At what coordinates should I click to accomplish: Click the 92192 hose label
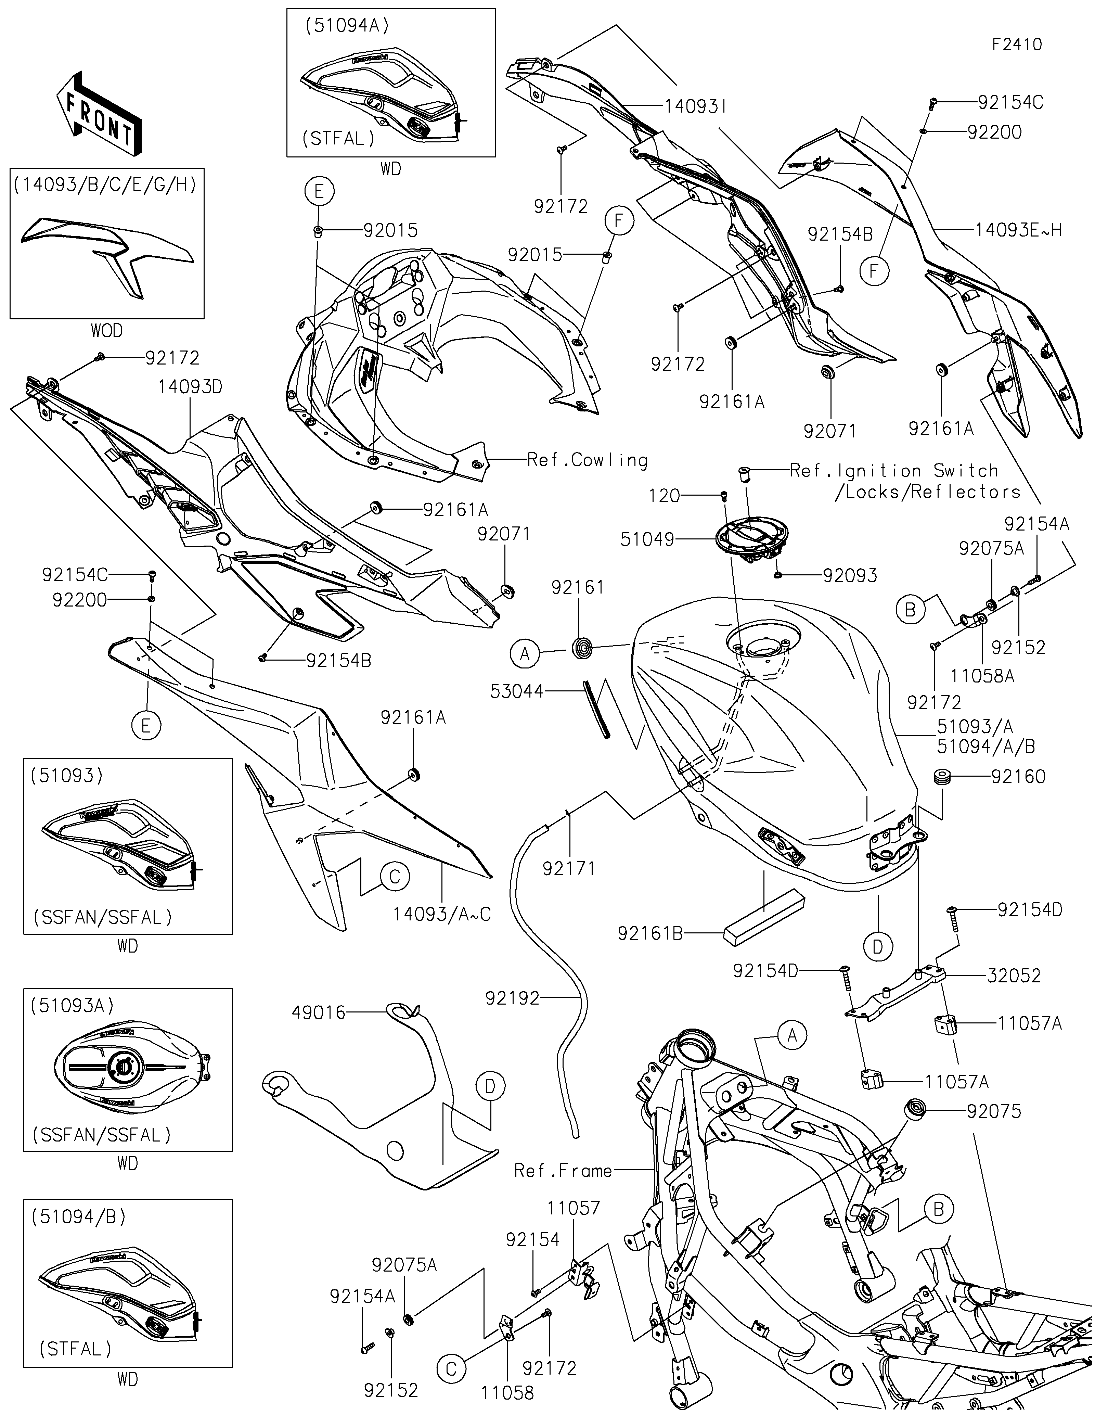tap(512, 998)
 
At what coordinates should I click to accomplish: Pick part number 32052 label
tap(1014, 976)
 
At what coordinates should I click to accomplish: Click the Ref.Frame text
tap(563, 1170)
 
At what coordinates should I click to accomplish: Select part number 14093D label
tap(190, 387)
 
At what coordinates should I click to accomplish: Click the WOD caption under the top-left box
tap(107, 331)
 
